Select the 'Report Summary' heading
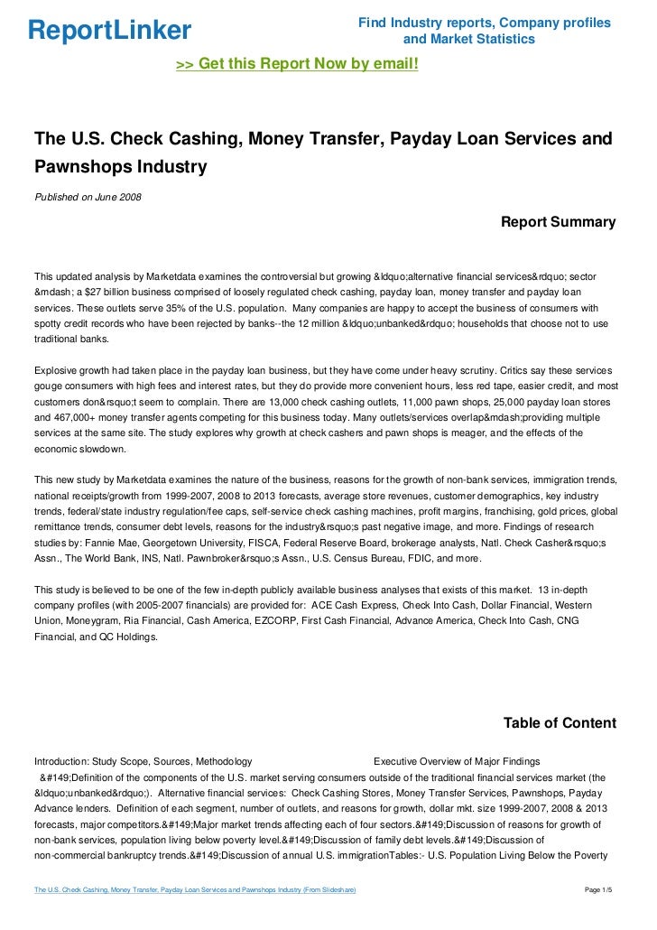(x=558, y=222)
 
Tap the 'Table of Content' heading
(x=560, y=722)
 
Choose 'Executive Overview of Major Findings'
(x=457, y=760)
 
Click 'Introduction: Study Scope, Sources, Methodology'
(x=143, y=760)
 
